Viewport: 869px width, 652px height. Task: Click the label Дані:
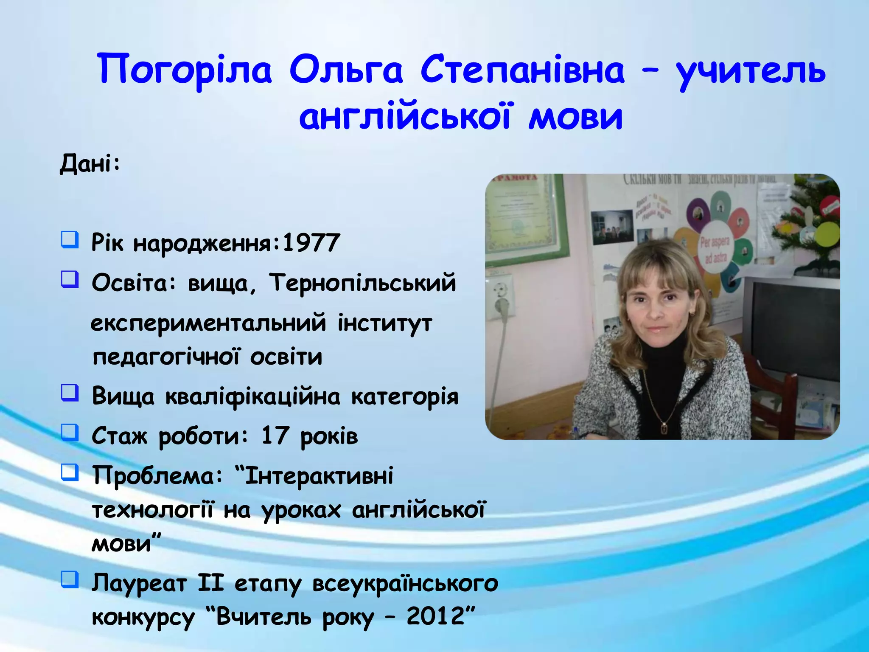90,163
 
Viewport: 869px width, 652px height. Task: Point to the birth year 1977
311,243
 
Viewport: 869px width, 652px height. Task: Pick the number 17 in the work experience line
275,436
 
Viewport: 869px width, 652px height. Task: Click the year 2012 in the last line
436,615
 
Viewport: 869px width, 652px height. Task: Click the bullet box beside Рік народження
70,240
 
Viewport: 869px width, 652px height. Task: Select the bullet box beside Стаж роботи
70,433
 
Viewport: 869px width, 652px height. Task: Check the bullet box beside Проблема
70,472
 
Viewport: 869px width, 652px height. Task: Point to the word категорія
405,396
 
